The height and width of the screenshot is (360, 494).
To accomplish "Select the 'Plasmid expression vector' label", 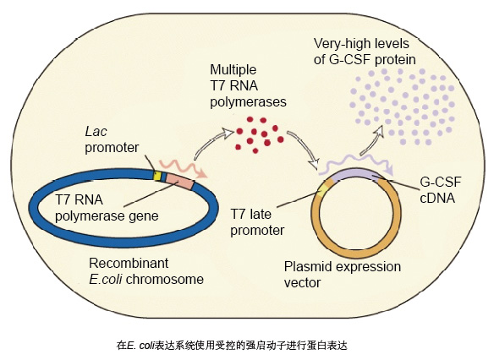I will point(332,274).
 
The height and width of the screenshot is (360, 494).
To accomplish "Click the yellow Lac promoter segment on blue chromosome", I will point(156,176).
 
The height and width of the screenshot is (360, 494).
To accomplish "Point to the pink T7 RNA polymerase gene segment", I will point(179,180).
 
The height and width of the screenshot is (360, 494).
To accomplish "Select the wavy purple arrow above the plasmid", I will point(360,161).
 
